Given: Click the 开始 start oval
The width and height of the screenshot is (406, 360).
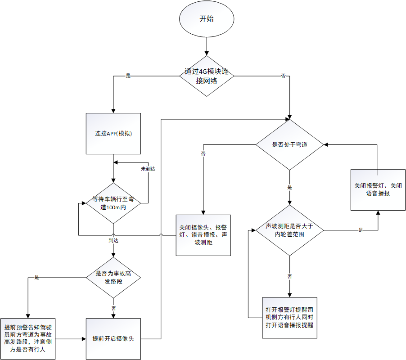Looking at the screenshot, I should (x=207, y=19).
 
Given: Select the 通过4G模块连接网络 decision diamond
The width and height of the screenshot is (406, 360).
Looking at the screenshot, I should (x=207, y=76).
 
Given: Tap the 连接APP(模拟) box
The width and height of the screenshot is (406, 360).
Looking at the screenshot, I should (x=113, y=134).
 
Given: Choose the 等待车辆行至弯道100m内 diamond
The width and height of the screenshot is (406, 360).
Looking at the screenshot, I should (x=113, y=203).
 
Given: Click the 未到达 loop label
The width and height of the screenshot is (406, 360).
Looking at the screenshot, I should (x=148, y=169).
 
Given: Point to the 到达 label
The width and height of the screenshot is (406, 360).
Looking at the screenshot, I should (x=113, y=240).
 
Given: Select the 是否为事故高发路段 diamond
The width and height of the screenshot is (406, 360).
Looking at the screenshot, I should (x=113, y=277).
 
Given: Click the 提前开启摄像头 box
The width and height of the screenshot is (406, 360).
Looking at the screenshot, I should (x=113, y=338).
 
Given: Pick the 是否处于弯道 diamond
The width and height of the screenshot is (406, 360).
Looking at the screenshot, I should (x=289, y=145).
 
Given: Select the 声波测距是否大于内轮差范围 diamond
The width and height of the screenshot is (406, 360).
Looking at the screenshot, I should (x=289, y=230).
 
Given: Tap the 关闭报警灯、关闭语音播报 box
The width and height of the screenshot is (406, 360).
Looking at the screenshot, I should (x=378, y=189).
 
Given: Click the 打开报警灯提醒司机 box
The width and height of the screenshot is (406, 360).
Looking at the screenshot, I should (x=289, y=318).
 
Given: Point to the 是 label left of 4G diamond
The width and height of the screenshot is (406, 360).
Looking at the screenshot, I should (x=128, y=76).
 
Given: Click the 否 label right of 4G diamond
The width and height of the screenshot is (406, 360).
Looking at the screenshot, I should (x=283, y=76).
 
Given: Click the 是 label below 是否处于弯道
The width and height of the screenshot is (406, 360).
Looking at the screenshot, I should (x=289, y=187).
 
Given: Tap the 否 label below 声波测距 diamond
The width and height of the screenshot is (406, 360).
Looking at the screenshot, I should (x=289, y=276).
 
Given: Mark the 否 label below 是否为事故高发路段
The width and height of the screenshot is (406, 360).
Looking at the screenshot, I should (x=113, y=308).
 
